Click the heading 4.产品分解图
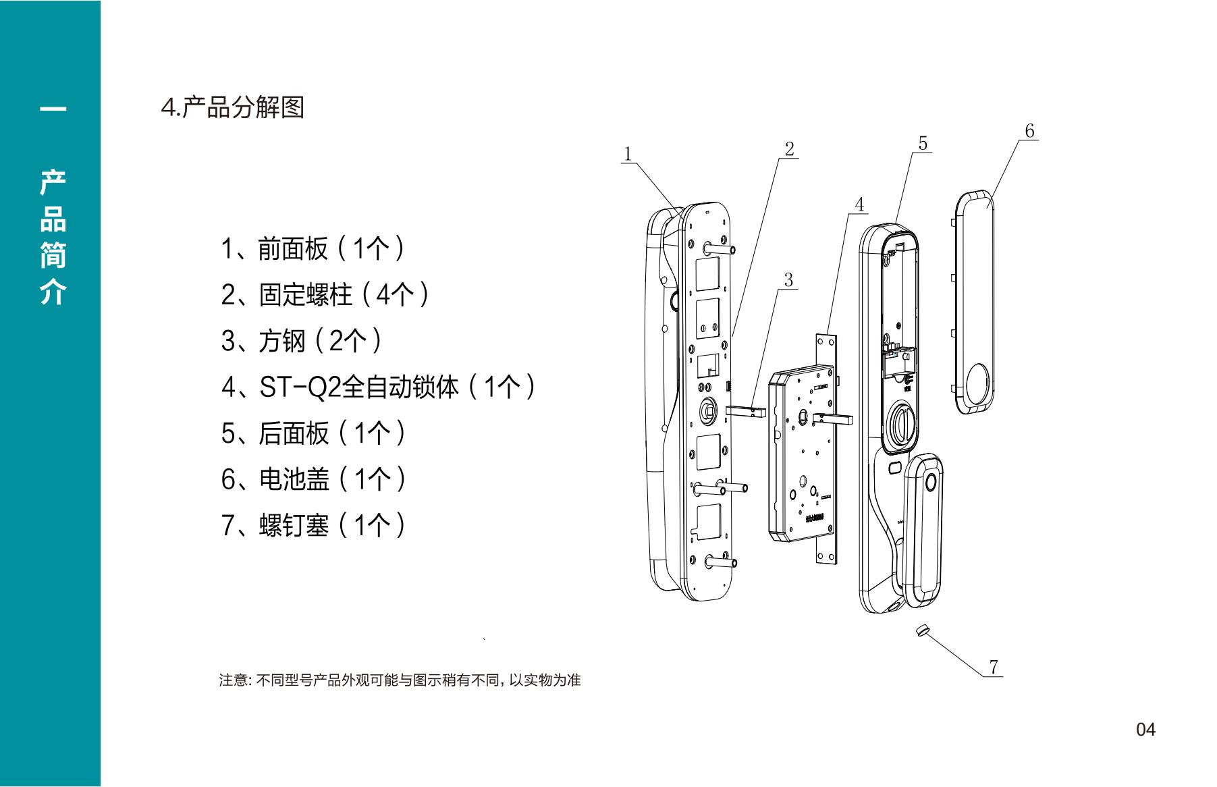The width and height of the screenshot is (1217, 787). point(232,107)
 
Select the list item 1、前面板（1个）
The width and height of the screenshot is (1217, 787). point(314,248)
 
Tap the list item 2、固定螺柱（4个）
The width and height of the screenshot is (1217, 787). point(326,294)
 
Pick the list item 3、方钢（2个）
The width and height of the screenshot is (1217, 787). point(302,340)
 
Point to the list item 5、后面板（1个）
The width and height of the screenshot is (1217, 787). point(314,433)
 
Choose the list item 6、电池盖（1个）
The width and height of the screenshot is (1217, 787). point(314,479)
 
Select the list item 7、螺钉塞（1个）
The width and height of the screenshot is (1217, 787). point(314,525)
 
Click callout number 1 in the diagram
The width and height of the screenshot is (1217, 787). point(628,154)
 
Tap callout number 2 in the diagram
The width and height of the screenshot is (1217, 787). point(789,148)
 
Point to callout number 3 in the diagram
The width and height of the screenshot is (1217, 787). point(788,279)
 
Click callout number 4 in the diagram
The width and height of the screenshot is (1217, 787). point(859,205)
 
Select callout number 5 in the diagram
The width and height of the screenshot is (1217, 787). point(923,143)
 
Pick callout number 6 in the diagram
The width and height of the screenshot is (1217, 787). point(1029,131)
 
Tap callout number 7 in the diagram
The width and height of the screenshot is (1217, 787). point(994,667)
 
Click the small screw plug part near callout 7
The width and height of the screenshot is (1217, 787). point(922,630)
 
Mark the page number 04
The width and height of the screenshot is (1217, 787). point(1145,730)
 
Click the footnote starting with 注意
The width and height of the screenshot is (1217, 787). point(400,680)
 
